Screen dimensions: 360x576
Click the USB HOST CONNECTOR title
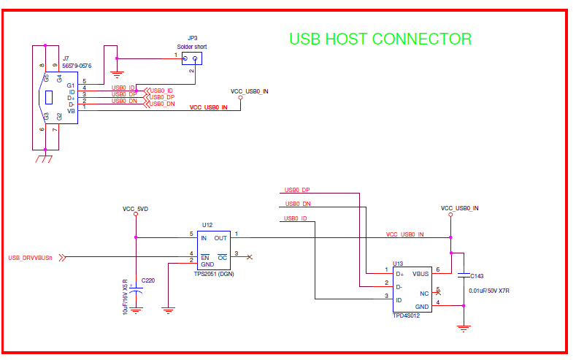click(380, 39)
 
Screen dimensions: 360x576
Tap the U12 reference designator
click(207, 225)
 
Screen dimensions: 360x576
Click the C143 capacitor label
click(477, 276)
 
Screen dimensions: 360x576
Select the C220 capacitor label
click(148, 280)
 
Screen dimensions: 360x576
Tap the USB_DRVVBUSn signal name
click(30, 258)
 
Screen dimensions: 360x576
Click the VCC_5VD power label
click(136, 209)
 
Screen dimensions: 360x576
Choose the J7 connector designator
click(66, 58)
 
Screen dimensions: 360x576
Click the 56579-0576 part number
click(77, 66)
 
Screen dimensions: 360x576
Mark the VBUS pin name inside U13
click(421, 275)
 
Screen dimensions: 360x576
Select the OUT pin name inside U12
click(220, 238)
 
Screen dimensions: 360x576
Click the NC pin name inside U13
click(424, 293)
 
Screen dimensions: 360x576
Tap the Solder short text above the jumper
click(191, 47)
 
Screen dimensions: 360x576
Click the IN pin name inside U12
click(204, 238)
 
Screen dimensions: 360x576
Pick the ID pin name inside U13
click(399, 300)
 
